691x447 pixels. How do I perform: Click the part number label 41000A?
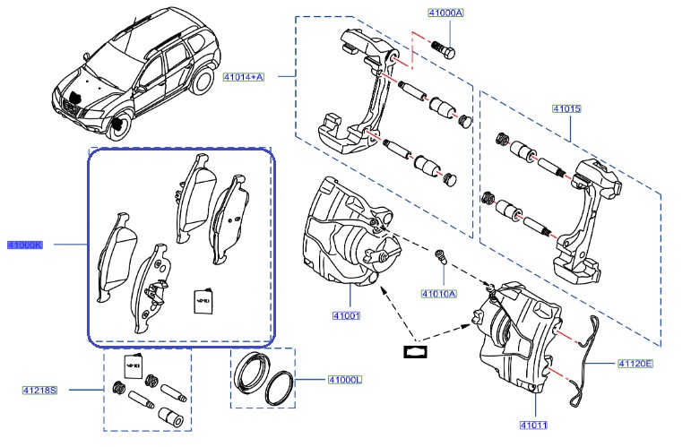tap(445, 14)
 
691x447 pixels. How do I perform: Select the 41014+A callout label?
tap(245, 77)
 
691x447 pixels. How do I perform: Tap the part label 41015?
tap(566, 109)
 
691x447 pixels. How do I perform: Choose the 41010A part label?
tap(438, 293)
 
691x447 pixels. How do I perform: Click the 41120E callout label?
tap(635, 364)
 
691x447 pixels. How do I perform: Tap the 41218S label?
tap(40, 390)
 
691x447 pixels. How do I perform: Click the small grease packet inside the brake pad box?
tap(203, 300)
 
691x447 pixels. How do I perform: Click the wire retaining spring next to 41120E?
tap(588, 358)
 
